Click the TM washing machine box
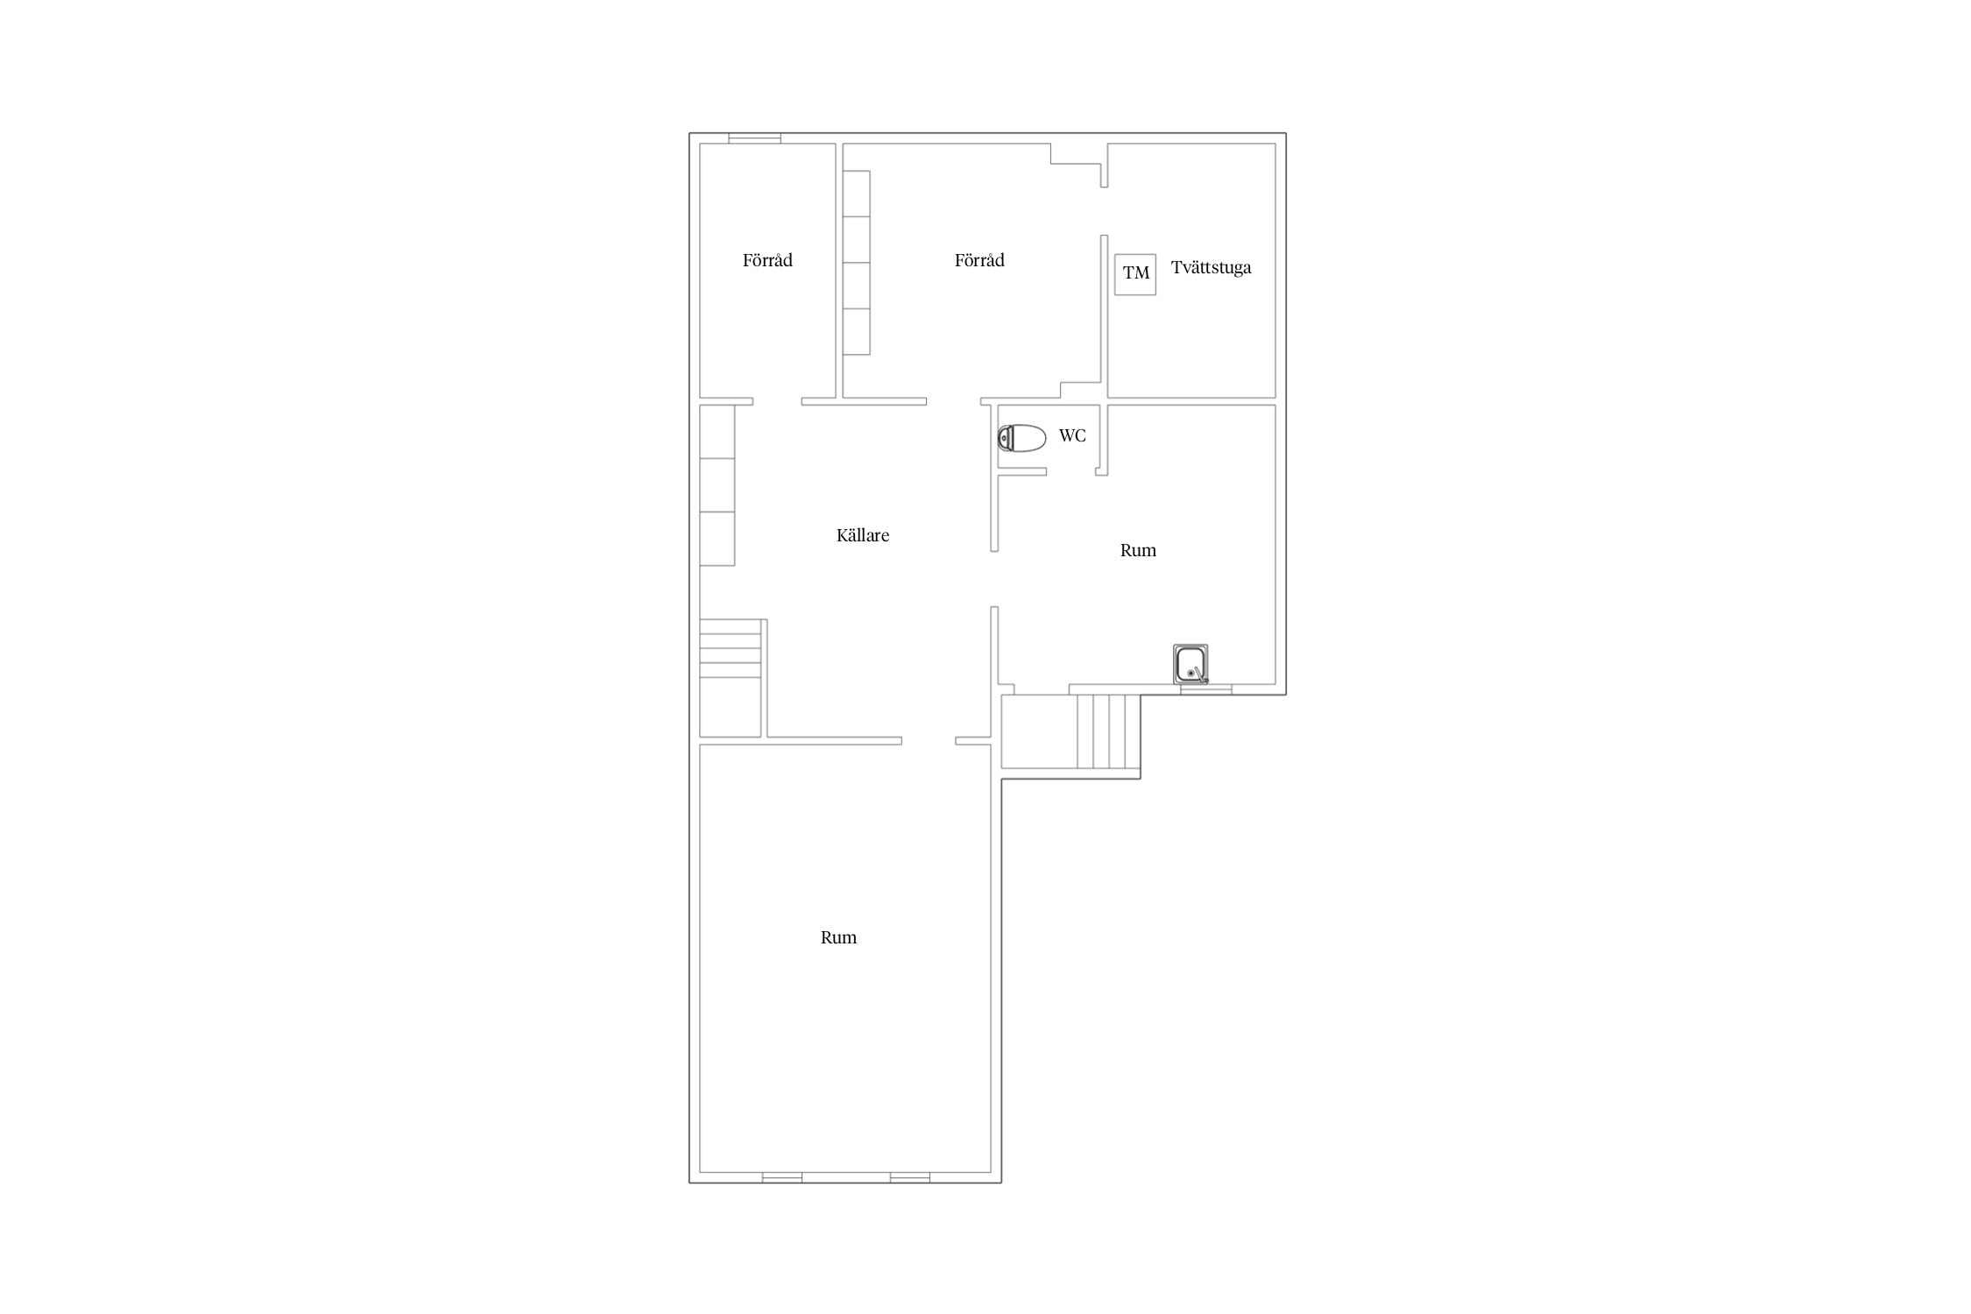coord(1135,274)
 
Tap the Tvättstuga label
coord(1211,267)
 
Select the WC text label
coord(1072,435)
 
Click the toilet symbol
coord(1021,437)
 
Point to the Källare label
coord(863,535)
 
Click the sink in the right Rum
coord(1190,664)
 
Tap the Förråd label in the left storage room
coord(767,260)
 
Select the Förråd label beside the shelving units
coord(979,260)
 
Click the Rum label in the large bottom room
coord(838,937)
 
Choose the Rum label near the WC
coord(1138,550)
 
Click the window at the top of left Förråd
coord(755,138)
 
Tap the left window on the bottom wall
coord(782,1177)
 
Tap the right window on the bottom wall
coord(910,1177)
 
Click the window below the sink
coord(1206,689)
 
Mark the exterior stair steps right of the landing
coord(1109,731)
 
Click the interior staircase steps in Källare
coord(731,648)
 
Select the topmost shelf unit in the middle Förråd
coord(857,194)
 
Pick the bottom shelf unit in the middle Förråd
coord(857,332)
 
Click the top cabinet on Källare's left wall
coord(717,432)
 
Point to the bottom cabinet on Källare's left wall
coord(717,539)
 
